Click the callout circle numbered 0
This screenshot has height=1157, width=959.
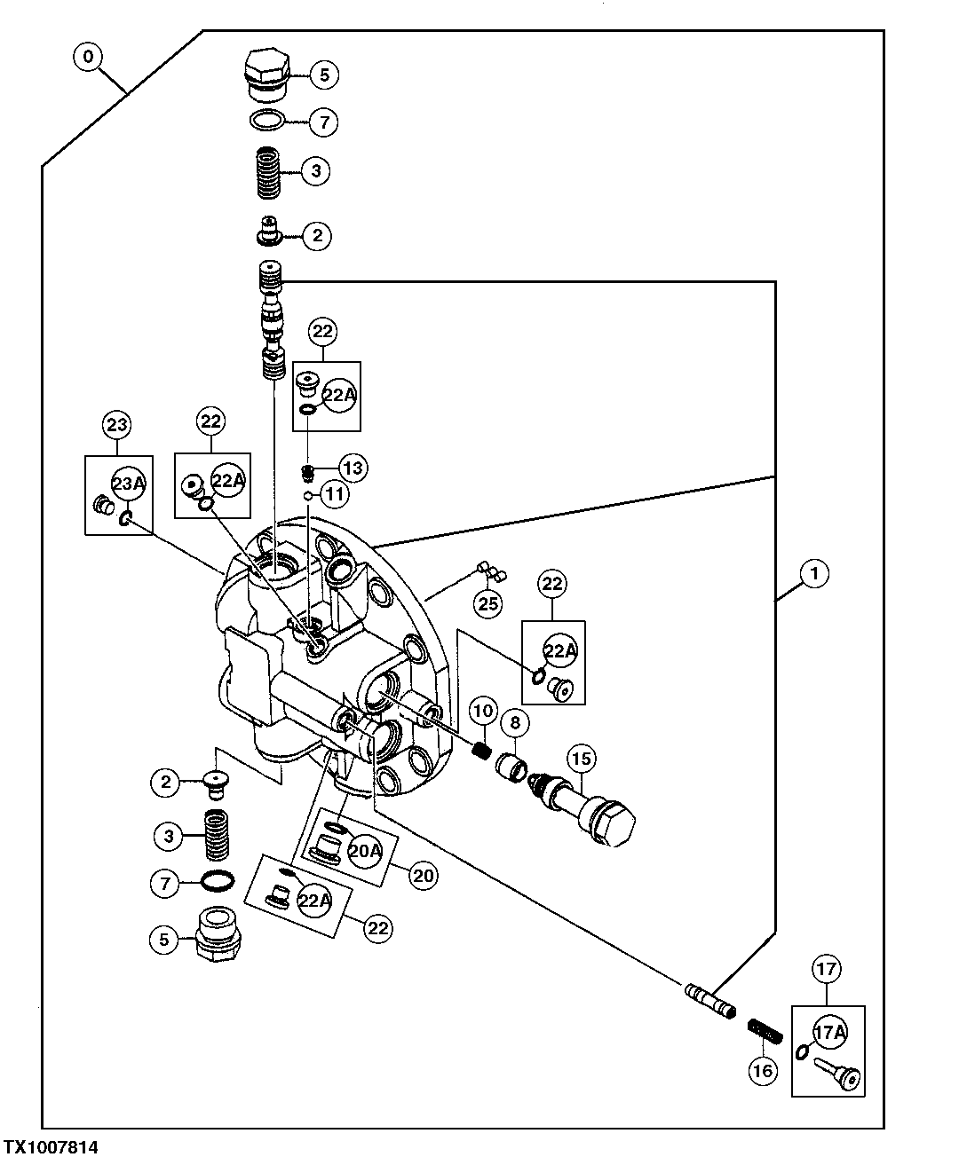point(86,58)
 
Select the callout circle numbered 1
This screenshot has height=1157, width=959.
point(814,574)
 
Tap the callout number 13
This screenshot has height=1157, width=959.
point(353,467)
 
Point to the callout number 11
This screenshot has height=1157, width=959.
point(335,493)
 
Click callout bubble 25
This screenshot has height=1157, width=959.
point(487,604)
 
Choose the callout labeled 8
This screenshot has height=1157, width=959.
point(515,722)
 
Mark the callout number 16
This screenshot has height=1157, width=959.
point(763,1070)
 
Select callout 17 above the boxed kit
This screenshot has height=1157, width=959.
point(827,970)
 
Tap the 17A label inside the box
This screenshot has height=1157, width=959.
point(828,1031)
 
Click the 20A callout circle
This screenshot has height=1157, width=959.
point(364,851)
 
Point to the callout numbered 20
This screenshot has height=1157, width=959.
point(423,875)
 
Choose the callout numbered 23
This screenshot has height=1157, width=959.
point(117,424)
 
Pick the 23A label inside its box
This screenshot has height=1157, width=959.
point(127,484)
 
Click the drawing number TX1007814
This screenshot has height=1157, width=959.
point(51,1146)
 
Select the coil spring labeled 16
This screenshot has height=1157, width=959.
point(765,1031)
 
